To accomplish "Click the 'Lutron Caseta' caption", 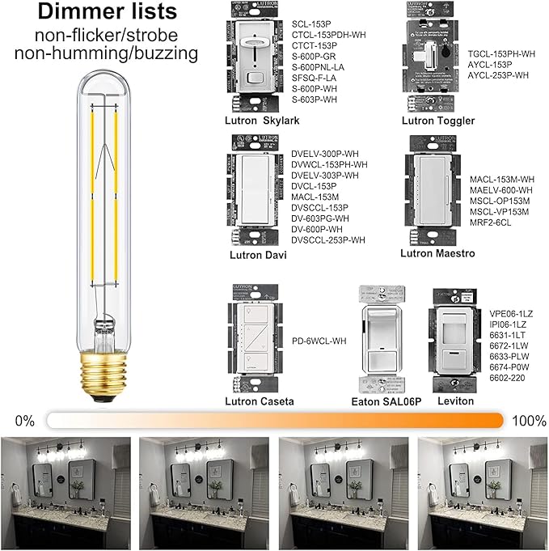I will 259,401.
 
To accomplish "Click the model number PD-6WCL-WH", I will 319,341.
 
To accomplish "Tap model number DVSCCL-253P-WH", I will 327,240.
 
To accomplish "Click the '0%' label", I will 25,421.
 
